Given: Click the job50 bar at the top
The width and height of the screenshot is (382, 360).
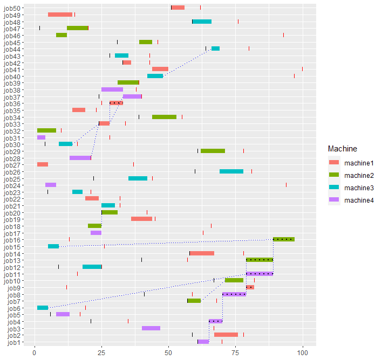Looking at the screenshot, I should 178,8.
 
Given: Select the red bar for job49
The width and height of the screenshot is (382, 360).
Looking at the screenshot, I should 60,15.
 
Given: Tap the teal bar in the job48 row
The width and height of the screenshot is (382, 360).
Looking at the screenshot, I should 202,22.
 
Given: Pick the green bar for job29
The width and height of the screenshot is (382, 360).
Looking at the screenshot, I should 213,151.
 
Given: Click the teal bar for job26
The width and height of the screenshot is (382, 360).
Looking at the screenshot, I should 231,171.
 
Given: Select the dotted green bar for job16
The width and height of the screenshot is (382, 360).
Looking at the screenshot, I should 283,239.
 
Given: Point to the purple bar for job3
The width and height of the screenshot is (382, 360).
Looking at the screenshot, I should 151,328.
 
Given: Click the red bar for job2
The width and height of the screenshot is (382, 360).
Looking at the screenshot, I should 226,335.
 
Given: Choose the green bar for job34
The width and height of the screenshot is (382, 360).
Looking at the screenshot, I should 164,117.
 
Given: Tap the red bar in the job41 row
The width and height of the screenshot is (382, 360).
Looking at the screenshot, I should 160,69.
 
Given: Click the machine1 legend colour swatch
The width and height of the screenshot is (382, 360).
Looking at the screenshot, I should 335,163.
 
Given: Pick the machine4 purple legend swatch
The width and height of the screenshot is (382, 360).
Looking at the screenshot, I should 335,200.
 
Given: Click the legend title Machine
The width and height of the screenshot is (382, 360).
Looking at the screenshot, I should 342,148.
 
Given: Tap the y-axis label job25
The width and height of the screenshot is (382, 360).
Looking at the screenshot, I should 12,178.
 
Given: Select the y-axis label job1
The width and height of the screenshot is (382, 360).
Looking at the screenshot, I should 13,342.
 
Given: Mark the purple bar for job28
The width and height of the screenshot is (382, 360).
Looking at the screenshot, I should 80,158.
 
